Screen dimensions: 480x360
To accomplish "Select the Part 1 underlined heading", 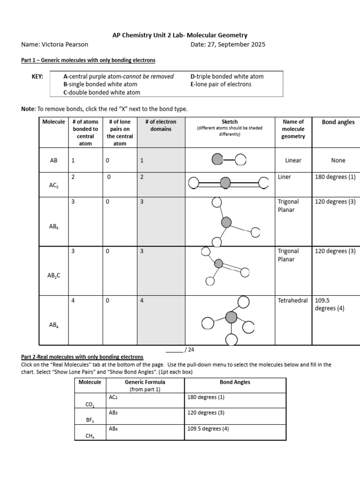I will (x=88, y=60).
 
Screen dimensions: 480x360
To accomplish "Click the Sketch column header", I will (x=230, y=122).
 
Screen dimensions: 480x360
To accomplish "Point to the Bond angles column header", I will (x=338, y=122).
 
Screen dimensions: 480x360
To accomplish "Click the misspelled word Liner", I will (x=284, y=177).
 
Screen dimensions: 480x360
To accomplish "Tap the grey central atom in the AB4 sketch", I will (x=231, y=317).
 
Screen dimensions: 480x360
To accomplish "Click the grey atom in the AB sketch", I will (x=217, y=159).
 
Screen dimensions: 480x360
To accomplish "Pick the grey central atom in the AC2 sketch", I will (x=225, y=182).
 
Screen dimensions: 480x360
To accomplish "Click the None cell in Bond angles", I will (x=337, y=160).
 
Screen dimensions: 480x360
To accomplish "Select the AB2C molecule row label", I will (x=54, y=276).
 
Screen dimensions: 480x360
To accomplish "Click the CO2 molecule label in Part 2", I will (x=90, y=404).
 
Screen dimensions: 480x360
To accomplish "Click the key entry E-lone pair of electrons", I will (x=221, y=84).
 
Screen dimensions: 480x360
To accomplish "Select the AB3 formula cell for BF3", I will (x=113, y=413).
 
